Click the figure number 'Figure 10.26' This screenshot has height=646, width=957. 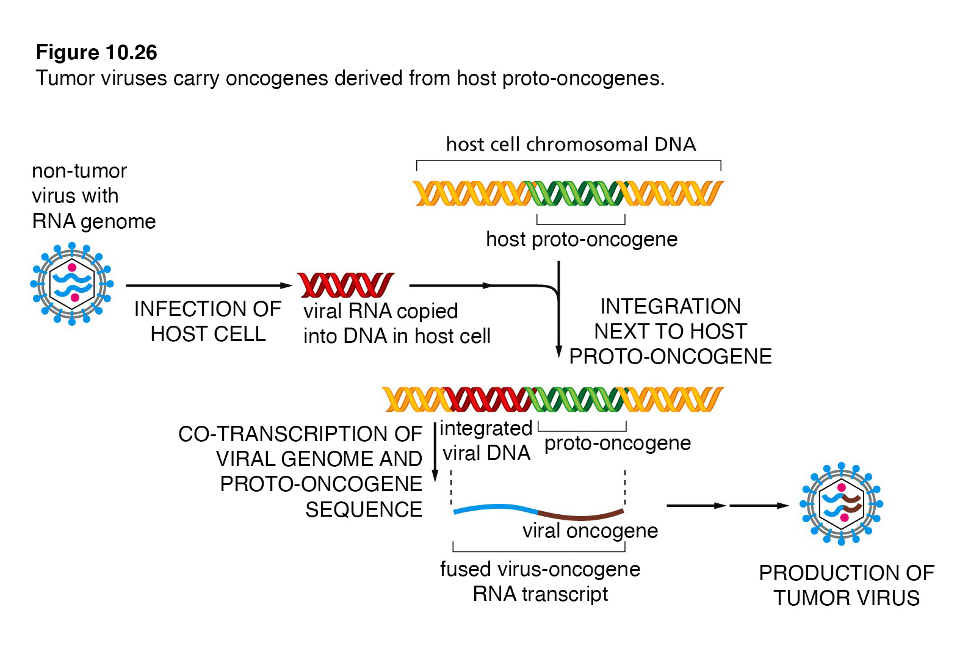96,52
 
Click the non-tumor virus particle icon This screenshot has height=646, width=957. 72,284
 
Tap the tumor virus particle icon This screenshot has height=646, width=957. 841,504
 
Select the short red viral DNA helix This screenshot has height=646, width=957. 345,285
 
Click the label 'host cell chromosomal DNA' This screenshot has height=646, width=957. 571,145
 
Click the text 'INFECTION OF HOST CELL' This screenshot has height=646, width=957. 208,321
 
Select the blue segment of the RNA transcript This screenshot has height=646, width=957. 495,508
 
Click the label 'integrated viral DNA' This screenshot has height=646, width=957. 486,440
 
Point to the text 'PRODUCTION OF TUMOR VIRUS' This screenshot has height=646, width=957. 847,586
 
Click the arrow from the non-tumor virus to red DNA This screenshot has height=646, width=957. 209,285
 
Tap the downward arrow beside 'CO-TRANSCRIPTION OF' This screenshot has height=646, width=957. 435,452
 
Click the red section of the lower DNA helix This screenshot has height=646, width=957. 487,399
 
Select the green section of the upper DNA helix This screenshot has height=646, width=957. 574,193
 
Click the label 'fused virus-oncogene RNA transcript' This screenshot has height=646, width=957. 540,581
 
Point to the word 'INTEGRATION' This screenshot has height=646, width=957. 670,306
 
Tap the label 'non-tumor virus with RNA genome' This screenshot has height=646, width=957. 94,196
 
